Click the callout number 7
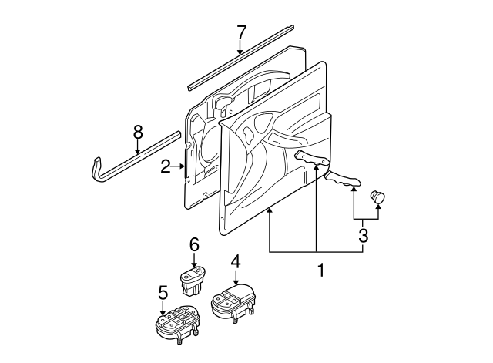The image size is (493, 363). pyautogui.click(x=241, y=32)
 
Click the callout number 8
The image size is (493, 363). pyautogui.click(x=139, y=133)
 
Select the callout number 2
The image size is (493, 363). pyautogui.click(x=165, y=165)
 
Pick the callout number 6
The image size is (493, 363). pyautogui.click(x=194, y=244)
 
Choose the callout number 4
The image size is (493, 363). pyautogui.click(x=236, y=260)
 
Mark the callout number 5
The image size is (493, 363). pyautogui.click(x=163, y=293)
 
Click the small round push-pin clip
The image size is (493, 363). pyautogui.click(x=377, y=197)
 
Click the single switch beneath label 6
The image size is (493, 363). pyautogui.click(x=192, y=280)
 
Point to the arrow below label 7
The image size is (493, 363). pyautogui.click(x=241, y=48)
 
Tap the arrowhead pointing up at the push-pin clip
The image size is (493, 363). pyautogui.click(x=377, y=210)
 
